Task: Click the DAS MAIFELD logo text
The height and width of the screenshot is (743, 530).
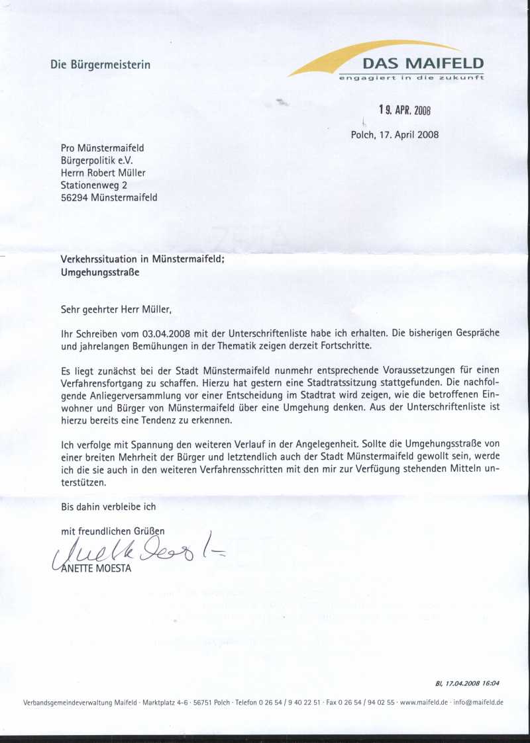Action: coord(423,64)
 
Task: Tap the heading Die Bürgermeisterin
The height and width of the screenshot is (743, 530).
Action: coord(100,65)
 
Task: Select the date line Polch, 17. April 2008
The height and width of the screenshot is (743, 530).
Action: coord(394,135)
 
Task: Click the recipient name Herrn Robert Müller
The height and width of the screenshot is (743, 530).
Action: coord(103,173)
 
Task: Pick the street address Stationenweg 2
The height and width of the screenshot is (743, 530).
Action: coord(93,185)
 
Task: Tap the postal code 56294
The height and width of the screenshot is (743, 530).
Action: coord(75,197)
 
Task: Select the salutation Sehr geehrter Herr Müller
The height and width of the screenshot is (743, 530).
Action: coord(120,309)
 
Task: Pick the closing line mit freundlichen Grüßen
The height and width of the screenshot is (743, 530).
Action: coord(112,531)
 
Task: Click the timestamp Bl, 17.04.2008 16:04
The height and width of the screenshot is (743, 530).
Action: coord(467,684)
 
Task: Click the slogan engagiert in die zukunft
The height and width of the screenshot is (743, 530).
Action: coord(411,78)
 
